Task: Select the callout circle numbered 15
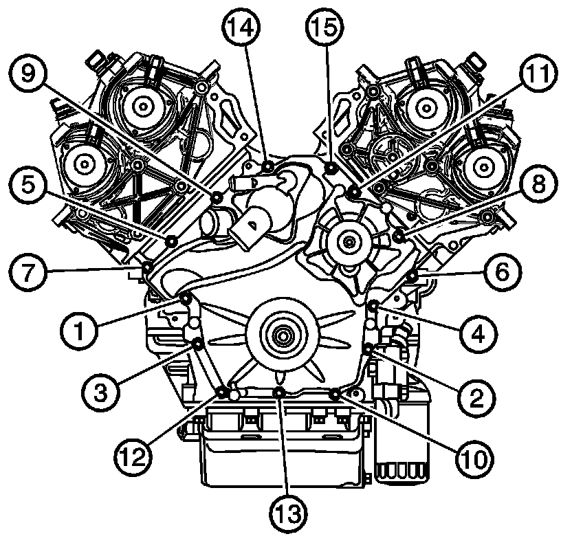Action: pos(323,30)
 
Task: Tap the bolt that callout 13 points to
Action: pos(279,392)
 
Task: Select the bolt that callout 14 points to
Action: pos(268,165)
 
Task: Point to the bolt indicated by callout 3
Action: pos(197,344)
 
